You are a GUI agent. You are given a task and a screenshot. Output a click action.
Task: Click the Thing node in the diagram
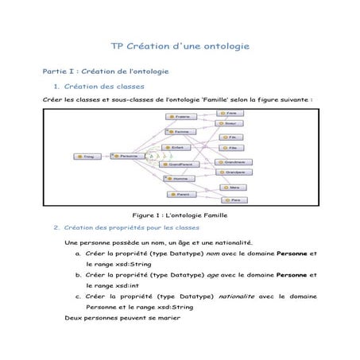[84, 156]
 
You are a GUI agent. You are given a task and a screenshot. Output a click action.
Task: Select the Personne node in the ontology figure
[124, 156]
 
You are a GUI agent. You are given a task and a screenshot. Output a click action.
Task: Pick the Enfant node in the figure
[178, 147]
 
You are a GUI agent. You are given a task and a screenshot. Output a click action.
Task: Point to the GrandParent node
[178, 164]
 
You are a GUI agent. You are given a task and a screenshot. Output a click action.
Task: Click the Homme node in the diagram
[178, 180]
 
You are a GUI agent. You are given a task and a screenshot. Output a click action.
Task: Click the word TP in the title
[116, 47]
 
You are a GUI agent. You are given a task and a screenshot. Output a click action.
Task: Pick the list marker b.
[78, 274]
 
